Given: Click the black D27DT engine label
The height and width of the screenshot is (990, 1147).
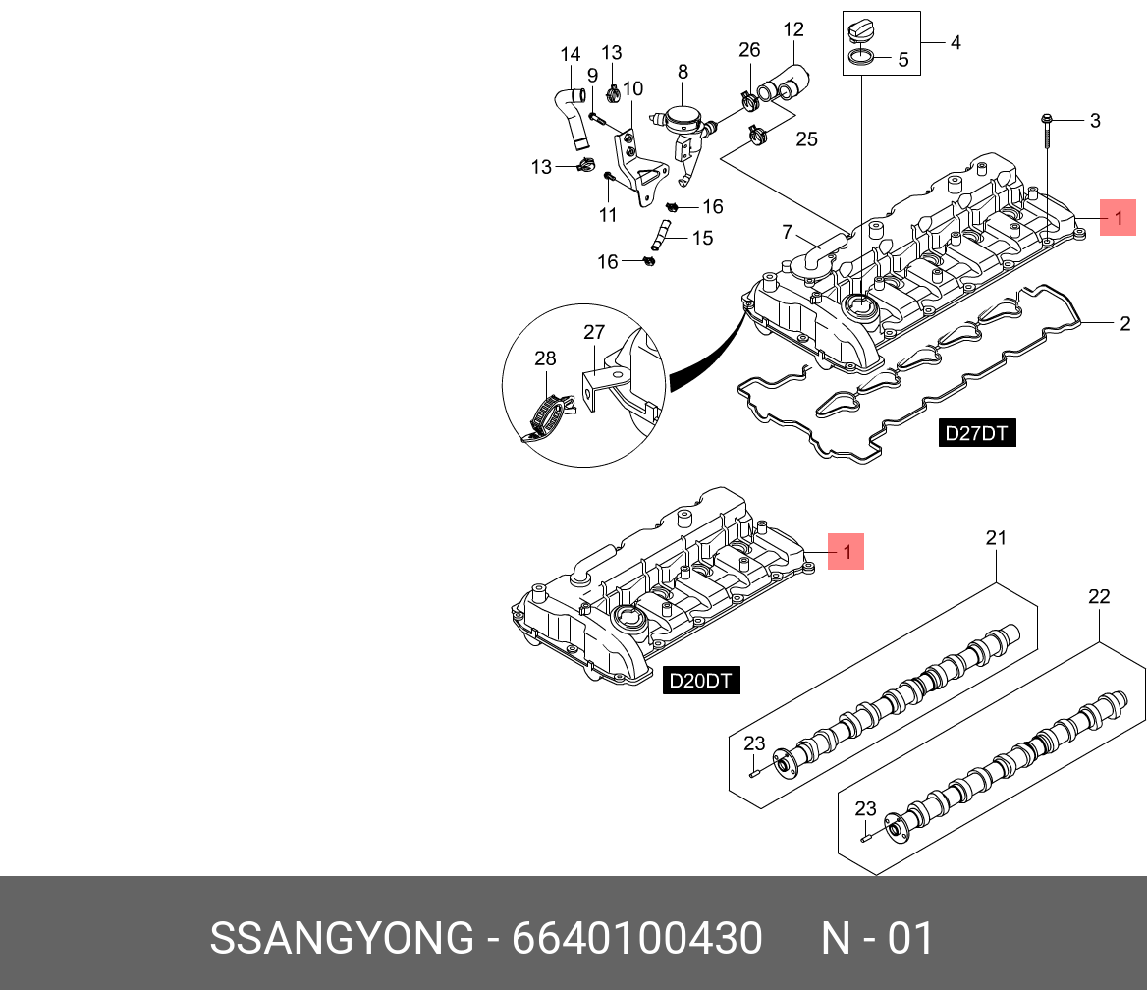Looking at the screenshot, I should pos(977,433).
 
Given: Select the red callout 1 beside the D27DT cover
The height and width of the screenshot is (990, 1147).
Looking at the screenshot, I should pos(1118,217).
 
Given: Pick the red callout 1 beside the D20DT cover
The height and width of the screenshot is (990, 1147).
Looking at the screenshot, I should pos(847,551).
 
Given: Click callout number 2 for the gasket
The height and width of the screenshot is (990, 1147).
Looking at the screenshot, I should pos(1124,323).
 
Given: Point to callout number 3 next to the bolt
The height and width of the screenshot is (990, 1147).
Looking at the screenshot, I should pos(1095,121).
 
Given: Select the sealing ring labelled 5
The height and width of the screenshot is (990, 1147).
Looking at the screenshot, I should pos(861,61).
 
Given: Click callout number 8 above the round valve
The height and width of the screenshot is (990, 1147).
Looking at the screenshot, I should pos(683,72).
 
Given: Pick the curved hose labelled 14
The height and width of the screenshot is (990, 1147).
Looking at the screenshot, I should pos(572,118).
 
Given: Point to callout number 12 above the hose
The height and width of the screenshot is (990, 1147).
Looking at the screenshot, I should pos(793,29).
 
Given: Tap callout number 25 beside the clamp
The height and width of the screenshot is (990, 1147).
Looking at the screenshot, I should pos(806,139).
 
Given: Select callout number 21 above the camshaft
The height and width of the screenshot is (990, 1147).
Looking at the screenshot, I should pos(997,538).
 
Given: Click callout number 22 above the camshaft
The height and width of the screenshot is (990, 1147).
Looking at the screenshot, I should pos(1099,596).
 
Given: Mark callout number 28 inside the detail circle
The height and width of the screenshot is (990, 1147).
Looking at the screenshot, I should pos(545,359).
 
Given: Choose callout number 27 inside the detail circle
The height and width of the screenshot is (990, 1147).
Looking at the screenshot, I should pos(594,333).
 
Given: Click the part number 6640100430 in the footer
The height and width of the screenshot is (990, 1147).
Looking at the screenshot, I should pos(637,939).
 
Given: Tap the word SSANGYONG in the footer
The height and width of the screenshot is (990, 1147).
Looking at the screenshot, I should pos(342,939).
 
